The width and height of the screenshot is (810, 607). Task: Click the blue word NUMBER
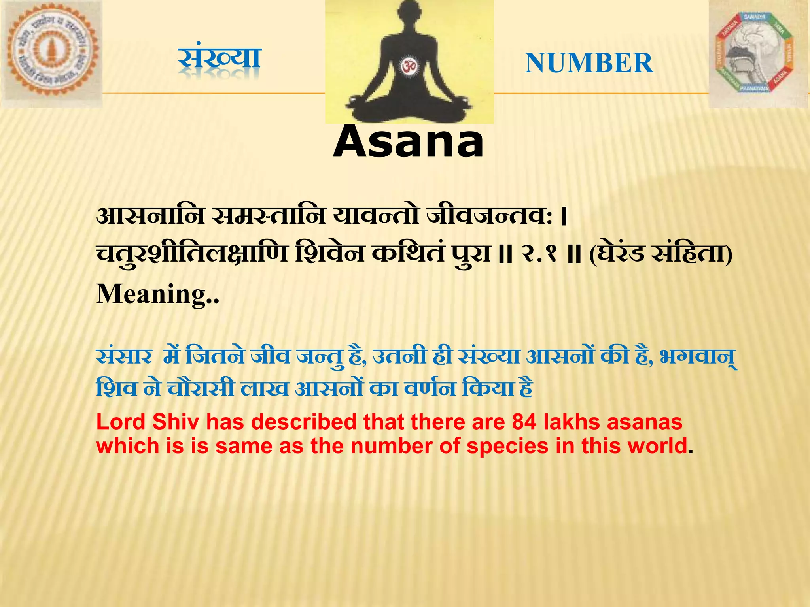pyautogui.click(x=589, y=63)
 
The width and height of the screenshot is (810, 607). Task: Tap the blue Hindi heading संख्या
pyautogui.click(x=220, y=59)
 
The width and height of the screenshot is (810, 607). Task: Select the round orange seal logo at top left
pyautogui.click(x=51, y=53)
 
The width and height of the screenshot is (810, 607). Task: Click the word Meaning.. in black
pyautogui.click(x=158, y=294)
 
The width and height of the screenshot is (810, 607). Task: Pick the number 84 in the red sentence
pyautogui.click(x=524, y=422)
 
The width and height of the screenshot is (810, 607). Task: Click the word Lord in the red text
pyautogui.click(x=121, y=422)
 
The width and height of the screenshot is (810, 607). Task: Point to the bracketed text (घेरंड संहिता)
pyautogui.click(x=660, y=254)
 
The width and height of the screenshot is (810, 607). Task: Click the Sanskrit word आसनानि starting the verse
pyautogui.click(x=151, y=217)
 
